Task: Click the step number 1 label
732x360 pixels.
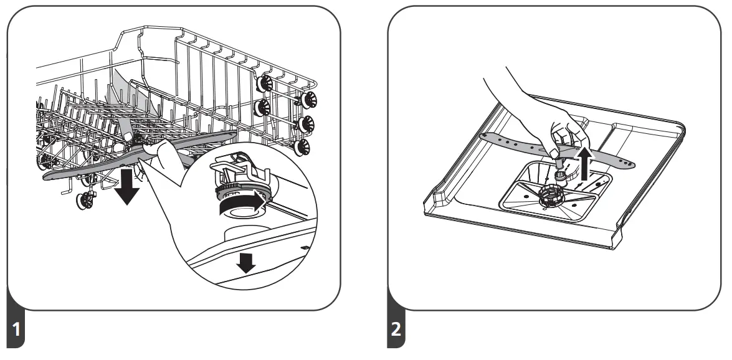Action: point(16,330)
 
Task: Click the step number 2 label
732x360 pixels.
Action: point(396,330)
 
